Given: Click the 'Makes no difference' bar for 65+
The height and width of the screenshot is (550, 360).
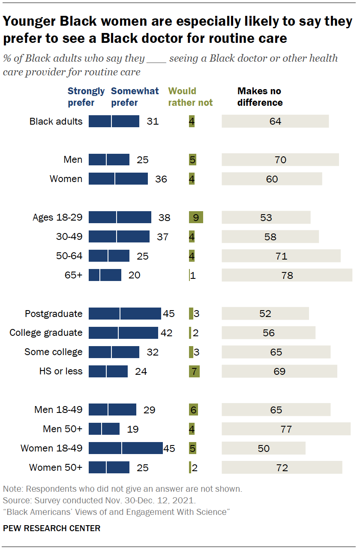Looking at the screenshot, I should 287,275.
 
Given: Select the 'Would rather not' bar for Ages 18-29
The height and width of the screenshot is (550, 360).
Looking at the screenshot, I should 196,217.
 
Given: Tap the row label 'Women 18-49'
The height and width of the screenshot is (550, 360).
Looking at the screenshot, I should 51,448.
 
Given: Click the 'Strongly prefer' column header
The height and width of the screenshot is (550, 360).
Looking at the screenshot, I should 86,97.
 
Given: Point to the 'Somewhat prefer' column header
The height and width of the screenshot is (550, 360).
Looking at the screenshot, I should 135,97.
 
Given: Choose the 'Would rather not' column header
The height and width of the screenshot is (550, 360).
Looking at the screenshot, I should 190,97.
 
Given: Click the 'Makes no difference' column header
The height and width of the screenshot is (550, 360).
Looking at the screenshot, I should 260,97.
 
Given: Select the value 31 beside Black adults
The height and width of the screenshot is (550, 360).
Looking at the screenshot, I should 153,121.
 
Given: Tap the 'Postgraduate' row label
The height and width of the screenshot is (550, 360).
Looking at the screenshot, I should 54,314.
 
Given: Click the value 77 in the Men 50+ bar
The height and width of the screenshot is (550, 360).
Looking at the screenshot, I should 286,429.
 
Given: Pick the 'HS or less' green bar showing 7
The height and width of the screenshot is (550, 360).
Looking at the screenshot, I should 194,371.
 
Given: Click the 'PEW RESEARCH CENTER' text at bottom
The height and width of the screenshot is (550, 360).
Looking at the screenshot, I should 51,528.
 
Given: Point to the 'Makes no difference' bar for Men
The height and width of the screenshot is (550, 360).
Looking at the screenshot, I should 280,160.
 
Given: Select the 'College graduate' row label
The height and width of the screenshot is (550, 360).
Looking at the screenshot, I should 46,333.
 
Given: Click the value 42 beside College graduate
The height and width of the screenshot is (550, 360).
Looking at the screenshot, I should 166,333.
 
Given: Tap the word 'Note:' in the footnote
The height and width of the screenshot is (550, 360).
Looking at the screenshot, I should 12,489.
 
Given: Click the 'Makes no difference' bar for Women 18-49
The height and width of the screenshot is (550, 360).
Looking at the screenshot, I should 263,448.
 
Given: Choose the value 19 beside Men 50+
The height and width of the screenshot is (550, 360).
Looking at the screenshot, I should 133,429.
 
